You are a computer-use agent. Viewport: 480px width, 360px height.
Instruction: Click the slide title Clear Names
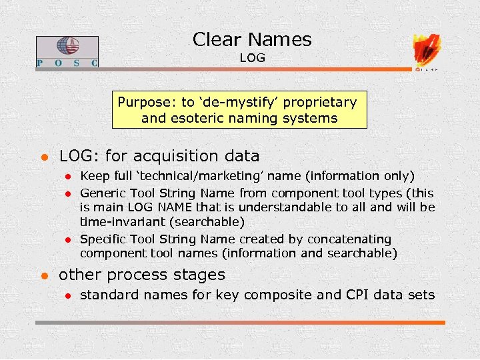252,39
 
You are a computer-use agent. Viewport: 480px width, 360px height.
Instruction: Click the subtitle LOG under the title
252,58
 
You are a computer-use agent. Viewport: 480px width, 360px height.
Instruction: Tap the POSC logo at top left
67,51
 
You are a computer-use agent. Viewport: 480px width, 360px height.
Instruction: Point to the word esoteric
192,119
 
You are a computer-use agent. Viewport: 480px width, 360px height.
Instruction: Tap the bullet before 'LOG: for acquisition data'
43,157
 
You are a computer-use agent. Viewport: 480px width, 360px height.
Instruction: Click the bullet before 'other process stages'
43,275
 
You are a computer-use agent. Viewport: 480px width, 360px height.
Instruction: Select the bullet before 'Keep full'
67,177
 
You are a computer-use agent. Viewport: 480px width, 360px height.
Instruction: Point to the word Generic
103,193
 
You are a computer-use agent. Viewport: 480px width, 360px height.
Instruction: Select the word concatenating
348,239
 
